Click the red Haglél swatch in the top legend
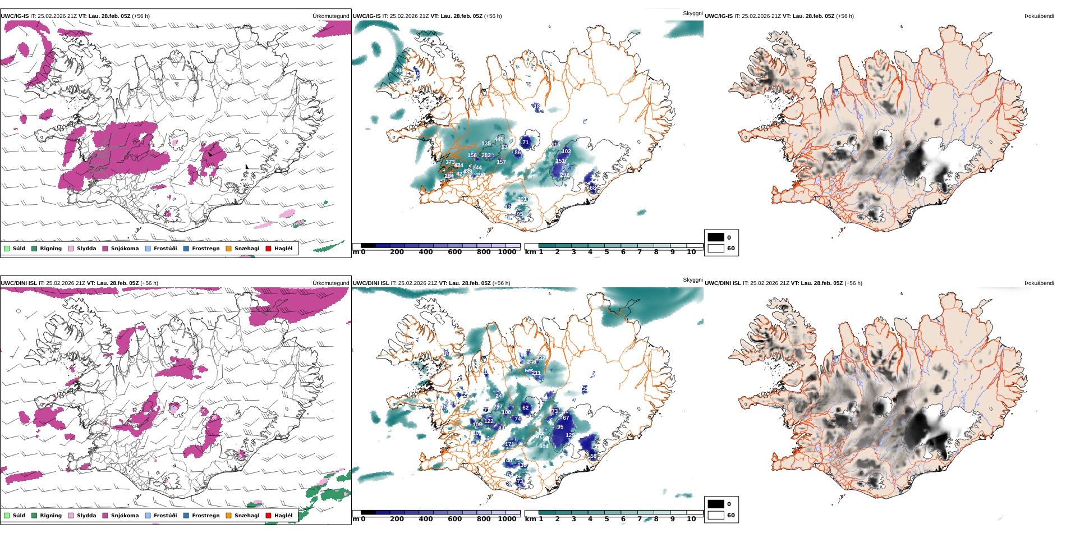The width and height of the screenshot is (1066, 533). tap(268, 249)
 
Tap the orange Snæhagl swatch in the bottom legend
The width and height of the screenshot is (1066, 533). tap(228, 516)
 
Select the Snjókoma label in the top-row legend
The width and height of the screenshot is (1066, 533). tap(125, 249)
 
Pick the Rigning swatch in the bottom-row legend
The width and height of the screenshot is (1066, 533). tap(34, 516)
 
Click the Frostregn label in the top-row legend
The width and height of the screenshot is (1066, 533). tap(205, 249)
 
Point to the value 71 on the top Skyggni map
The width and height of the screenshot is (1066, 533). tap(526, 143)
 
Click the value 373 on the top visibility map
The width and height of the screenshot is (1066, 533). tap(450, 162)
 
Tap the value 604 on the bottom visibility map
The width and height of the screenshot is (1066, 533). tap(544, 447)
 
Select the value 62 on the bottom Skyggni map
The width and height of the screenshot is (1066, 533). tap(526, 408)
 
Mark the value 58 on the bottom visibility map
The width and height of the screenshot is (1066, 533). tap(593, 456)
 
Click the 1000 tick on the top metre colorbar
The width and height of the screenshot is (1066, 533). tap(507, 252)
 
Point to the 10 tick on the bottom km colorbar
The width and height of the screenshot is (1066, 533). tap(691, 520)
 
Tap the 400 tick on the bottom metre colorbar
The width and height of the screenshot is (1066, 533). tap(426, 520)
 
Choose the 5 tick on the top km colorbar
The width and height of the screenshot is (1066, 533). tap(606, 252)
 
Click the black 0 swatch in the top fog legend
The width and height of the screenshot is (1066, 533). tap(716, 237)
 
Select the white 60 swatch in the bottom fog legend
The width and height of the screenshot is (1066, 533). tap(716, 515)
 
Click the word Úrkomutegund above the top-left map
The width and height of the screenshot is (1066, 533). tap(330, 16)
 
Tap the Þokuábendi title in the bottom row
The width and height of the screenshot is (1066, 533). tap(1039, 283)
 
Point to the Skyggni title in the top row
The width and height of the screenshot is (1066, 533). tap(692, 13)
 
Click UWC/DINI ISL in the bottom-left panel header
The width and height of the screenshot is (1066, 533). tap(19, 283)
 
